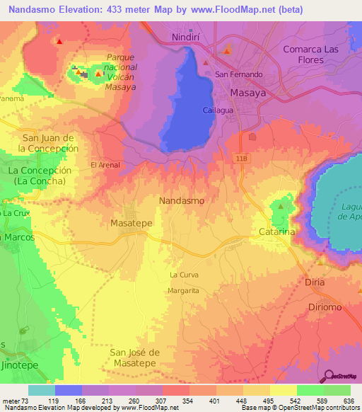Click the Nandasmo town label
click(182, 200)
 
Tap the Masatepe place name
click(132, 223)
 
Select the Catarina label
click(276, 231)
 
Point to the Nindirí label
click(187, 36)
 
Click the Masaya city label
click(247, 93)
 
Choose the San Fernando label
click(239, 74)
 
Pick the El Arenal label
click(105, 165)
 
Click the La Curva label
click(184, 274)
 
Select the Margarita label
click(183, 291)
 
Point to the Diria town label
click(315, 282)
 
